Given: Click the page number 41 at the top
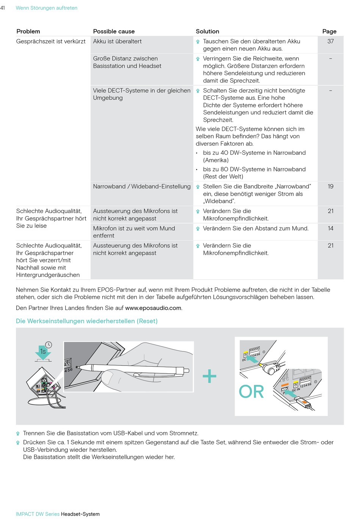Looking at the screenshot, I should click(3, 8).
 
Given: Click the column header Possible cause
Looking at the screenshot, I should click(114, 31).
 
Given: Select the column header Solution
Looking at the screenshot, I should click(207, 31).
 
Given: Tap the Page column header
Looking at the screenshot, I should click(329, 31).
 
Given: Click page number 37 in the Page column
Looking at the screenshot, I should click(330, 41).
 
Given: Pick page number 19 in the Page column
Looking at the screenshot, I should click(330, 187).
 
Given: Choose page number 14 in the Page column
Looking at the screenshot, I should click(330, 229).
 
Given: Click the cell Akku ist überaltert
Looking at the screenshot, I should click(117, 41).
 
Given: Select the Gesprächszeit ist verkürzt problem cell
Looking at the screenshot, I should click(51, 41).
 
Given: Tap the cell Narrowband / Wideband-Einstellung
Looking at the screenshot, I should click(142, 187).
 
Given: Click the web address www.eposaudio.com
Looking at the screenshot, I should click(153, 308).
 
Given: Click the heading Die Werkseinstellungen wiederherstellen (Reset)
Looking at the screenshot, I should click(87, 321).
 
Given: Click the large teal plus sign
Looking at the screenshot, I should click(210, 376).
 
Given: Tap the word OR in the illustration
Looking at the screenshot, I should click(251, 392).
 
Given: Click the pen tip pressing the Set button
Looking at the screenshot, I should click(78, 367).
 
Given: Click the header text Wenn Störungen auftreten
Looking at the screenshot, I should click(47, 8).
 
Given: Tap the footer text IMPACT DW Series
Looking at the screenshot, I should click(38, 514).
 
